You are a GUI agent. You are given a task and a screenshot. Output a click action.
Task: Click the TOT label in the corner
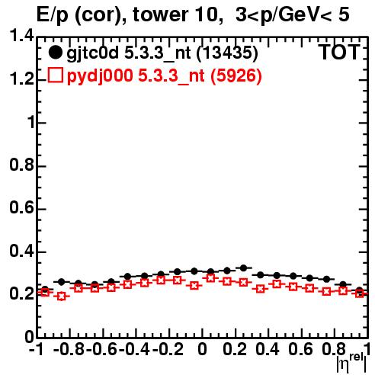[339, 52]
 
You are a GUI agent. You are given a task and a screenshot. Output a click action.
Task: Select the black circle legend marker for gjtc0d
[55, 53]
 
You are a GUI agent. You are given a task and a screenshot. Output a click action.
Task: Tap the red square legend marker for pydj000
[55, 75]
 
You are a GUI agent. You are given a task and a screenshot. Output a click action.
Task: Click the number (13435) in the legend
[227, 53]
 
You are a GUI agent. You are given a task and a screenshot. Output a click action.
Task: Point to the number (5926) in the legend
[236, 75]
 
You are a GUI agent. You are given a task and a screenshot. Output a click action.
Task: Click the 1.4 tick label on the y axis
[21, 36]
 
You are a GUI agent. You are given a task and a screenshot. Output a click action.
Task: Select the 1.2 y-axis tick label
[21, 79]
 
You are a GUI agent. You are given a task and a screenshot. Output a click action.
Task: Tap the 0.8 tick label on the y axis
[21, 165]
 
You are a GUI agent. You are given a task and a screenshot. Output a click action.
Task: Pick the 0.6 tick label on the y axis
[21, 208]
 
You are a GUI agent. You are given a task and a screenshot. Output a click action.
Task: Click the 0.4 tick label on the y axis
[21, 252]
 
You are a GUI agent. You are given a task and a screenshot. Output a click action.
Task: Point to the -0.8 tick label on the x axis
[69, 350]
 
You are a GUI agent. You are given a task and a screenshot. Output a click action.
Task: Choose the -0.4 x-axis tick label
[135, 350]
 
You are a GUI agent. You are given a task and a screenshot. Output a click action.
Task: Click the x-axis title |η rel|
[351, 363]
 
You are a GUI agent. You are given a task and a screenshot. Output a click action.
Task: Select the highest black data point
[243, 268]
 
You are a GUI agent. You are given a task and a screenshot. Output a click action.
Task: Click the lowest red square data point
[62, 296]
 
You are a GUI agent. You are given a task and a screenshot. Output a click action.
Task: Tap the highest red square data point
[210, 278]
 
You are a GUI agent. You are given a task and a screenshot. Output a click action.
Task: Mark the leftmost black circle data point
[45, 289]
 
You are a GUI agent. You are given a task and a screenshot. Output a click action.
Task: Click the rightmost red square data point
[360, 293]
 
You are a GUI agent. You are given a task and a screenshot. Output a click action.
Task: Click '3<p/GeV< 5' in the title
[293, 14]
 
